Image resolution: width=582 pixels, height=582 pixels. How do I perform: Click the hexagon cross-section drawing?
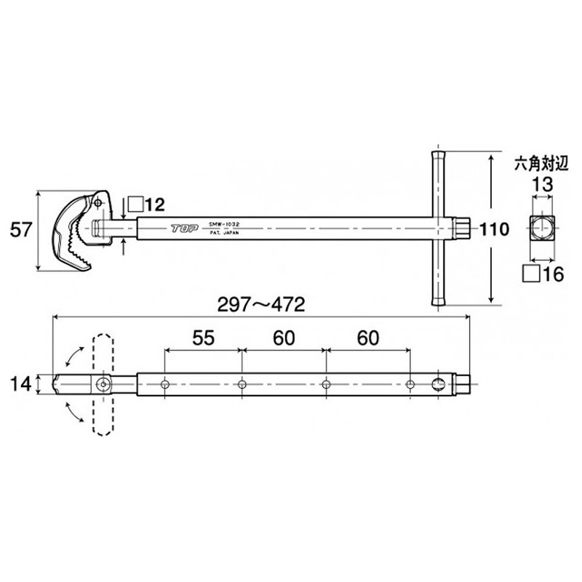point(541,228)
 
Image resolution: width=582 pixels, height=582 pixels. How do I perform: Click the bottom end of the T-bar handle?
point(439,303)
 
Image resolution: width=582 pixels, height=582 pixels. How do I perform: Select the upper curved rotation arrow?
point(72,356)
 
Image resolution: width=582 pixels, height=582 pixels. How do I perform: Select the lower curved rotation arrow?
point(72,412)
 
